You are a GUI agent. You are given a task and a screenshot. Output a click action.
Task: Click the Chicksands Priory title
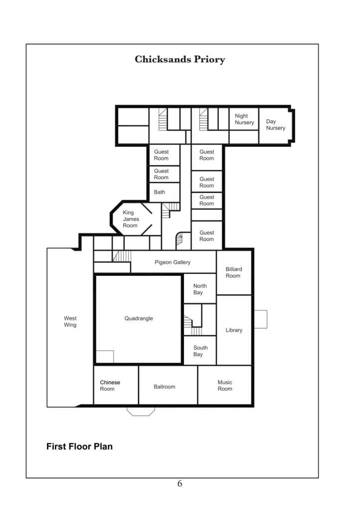click(180, 59)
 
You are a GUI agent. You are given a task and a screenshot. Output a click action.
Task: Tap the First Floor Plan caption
click(79, 447)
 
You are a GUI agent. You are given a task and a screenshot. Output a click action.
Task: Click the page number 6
click(180, 483)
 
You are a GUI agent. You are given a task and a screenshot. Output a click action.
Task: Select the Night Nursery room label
click(244, 119)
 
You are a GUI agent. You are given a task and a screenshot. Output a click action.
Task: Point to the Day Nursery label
click(276, 125)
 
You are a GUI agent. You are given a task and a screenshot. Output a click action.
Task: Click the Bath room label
click(160, 192)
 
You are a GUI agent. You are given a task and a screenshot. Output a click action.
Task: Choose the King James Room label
click(131, 219)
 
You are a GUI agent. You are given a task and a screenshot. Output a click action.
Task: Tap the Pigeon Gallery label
click(173, 262)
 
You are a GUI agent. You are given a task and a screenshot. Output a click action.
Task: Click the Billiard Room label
click(234, 272)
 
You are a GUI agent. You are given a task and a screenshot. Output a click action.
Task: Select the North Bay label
click(200, 289)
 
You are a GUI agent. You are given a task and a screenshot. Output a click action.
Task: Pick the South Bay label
click(200, 351)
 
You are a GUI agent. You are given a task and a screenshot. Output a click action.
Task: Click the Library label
click(234, 330)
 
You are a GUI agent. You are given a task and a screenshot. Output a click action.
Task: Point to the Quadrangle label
click(139, 318)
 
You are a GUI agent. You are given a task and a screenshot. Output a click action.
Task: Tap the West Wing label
click(70, 322)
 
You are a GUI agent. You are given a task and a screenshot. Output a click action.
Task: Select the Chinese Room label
click(110, 386)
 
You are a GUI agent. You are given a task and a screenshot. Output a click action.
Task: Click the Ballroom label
click(165, 387)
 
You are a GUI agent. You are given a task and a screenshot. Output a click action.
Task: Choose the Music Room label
click(225, 386)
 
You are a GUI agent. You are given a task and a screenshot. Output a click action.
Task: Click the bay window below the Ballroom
click(141, 412)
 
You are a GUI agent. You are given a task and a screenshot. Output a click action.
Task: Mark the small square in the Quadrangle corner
click(105, 356)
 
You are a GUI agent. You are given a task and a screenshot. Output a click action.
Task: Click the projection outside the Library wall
click(260, 319)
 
